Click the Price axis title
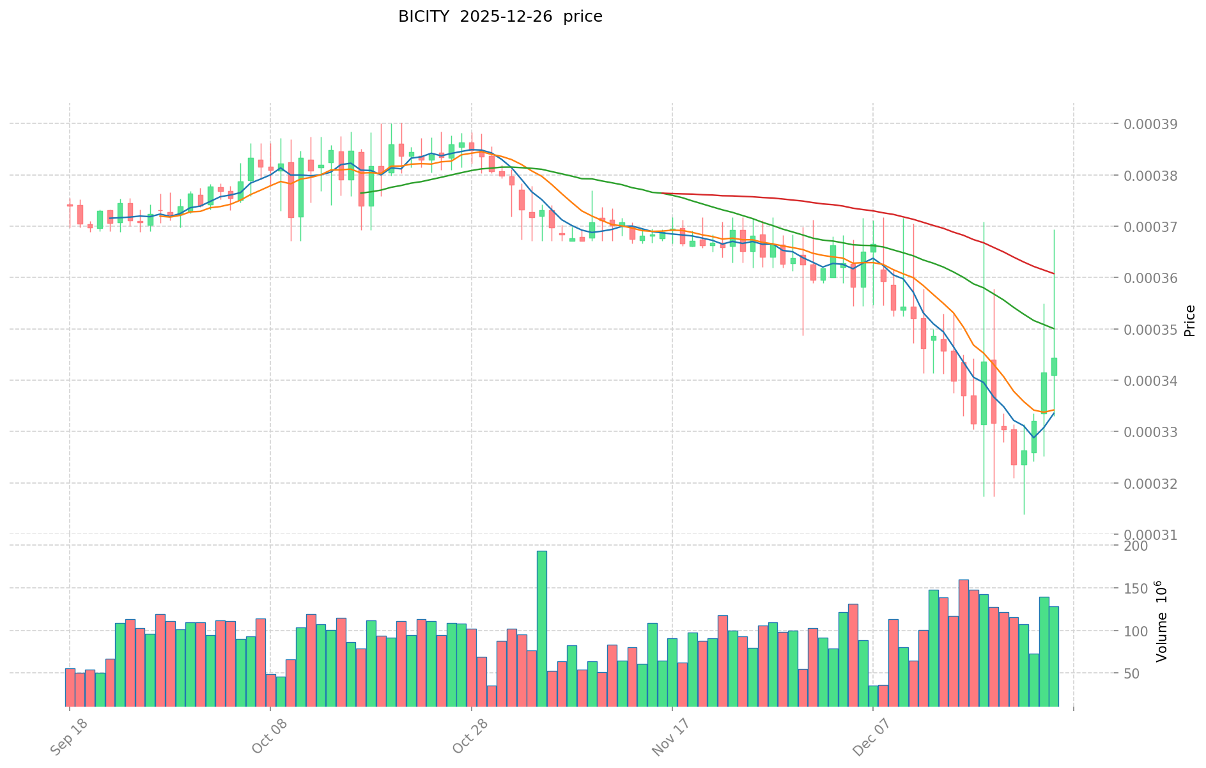click(x=1189, y=321)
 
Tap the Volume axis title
click(x=1161, y=621)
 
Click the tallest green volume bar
click(x=541, y=628)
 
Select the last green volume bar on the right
click(x=1053, y=656)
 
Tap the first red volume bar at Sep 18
click(x=70, y=687)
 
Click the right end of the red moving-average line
click(x=1053, y=273)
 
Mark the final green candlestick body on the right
click(x=1054, y=366)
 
